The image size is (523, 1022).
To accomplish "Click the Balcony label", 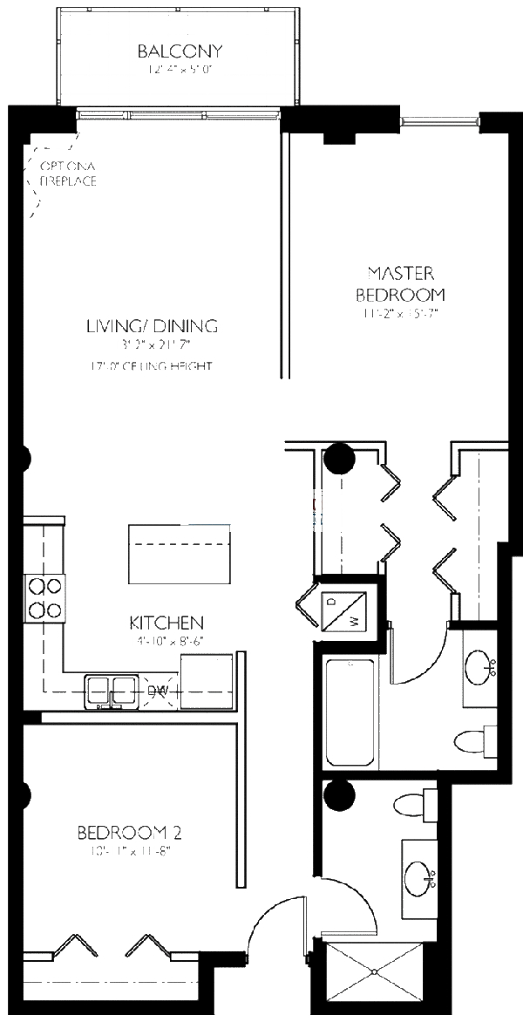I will (180, 51).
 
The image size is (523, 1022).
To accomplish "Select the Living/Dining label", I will (152, 327).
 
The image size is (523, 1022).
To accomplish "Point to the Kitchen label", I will (166, 623).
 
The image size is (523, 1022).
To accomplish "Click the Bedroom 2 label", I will (129, 831).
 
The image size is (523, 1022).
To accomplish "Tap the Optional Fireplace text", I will (66, 174).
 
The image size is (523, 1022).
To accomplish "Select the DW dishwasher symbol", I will (158, 691).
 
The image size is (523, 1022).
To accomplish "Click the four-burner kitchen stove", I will (44, 597).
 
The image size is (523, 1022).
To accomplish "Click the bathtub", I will (350, 714).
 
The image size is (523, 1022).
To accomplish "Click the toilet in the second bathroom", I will (414, 803).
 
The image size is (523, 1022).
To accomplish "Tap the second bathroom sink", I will (421, 875).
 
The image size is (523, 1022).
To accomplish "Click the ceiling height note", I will (151, 366).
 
